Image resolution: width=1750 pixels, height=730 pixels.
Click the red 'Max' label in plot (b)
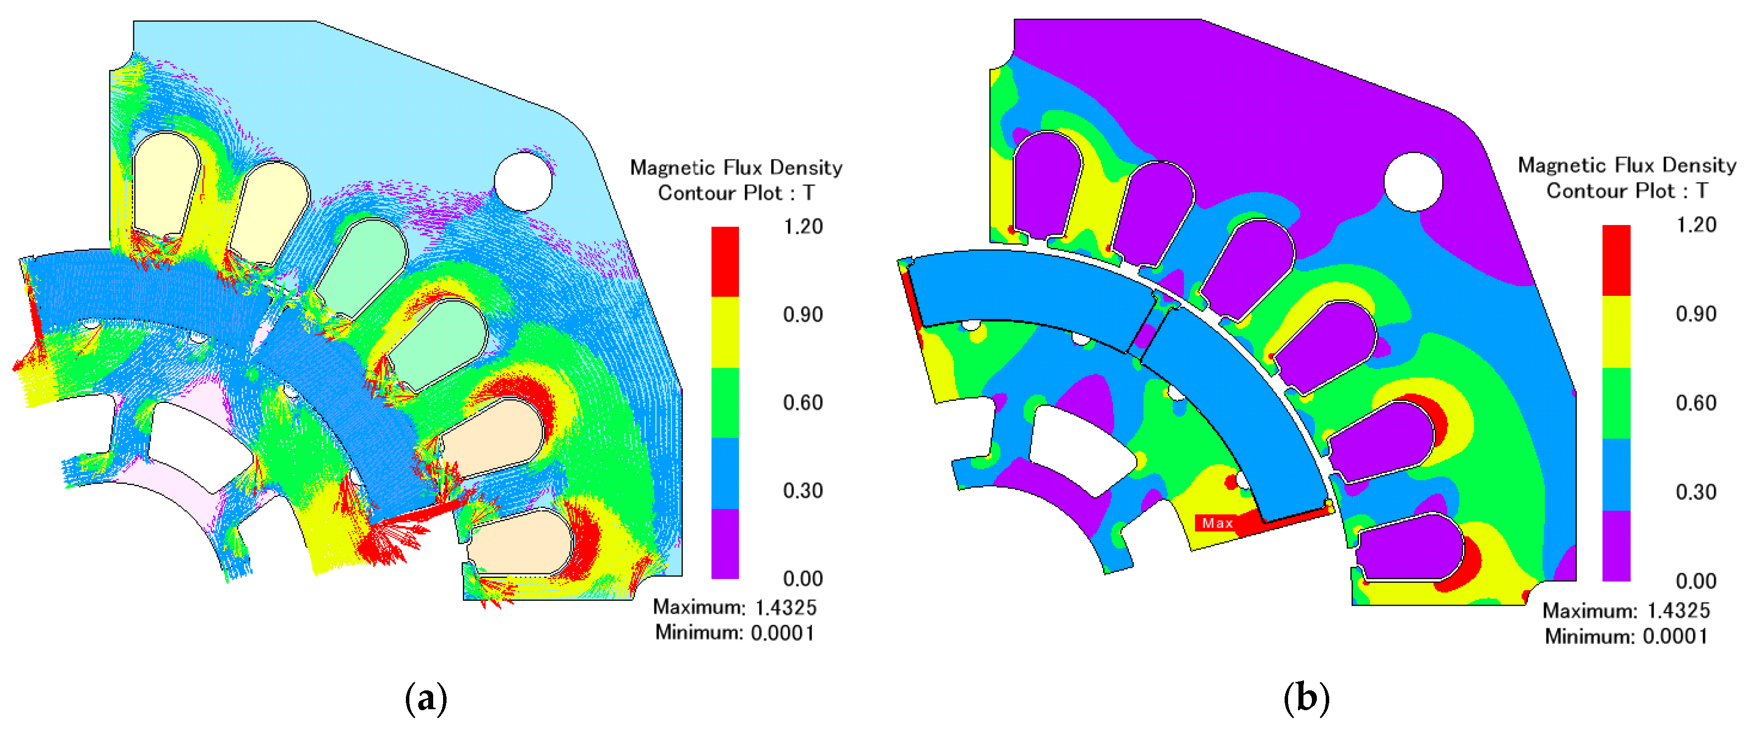pyautogui.click(x=1217, y=523)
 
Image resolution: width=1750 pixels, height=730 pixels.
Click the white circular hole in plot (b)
pyautogui.click(x=1413, y=182)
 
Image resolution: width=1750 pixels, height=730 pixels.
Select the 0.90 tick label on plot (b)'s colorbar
pyautogui.click(x=1695, y=314)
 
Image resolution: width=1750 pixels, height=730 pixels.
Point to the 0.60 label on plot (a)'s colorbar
pyautogui.click(x=803, y=403)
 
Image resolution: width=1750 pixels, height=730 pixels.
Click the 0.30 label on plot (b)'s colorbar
pyautogui.click(x=1695, y=492)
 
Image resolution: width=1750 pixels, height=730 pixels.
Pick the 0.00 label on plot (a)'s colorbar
pyautogui.click(x=803, y=578)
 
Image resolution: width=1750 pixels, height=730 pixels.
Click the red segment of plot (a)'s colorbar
pyautogui.click(x=725, y=262)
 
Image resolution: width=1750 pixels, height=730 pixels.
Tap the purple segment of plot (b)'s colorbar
pyautogui.click(x=1616, y=545)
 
